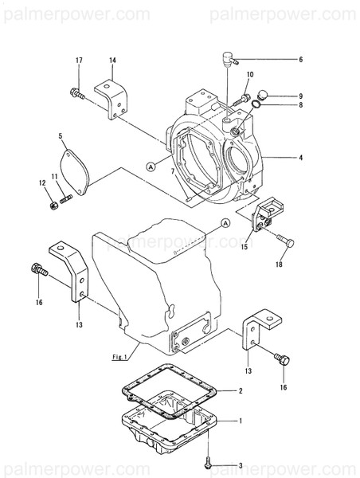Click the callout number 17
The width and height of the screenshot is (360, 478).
click(x=79, y=61)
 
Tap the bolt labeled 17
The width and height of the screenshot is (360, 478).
click(x=77, y=94)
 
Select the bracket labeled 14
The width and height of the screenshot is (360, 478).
click(x=111, y=96)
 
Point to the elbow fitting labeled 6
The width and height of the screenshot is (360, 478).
click(x=227, y=57)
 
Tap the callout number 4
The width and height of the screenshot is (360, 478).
click(x=300, y=158)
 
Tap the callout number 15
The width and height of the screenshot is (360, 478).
click(x=245, y=248)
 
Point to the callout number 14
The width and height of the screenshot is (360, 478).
click(x=112, y=61)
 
